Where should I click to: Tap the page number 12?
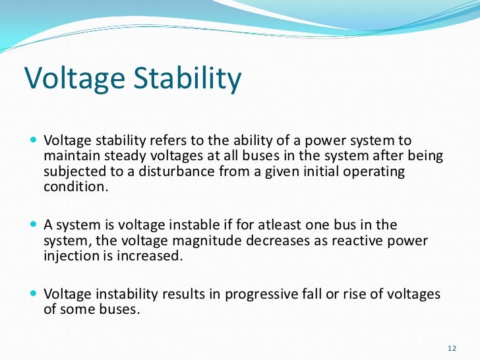(x=452, y=347)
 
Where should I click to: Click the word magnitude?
(x=187, y=241)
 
